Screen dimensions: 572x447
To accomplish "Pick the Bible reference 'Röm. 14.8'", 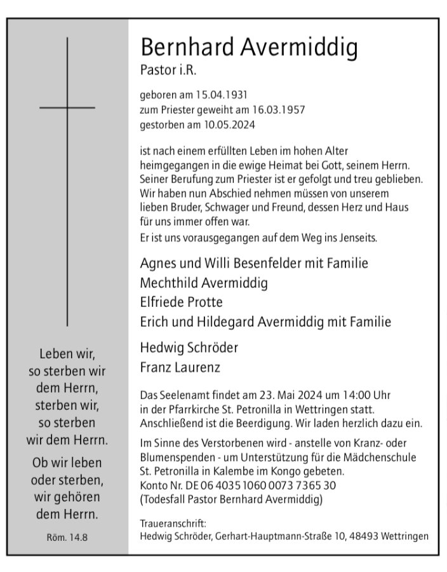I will pyautogui.click(x=67, y=538).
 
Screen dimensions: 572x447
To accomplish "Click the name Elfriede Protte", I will pyautogui.click(x=181, y=302).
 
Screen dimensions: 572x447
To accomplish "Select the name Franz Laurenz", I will pyautogui.click(x=180, y=367).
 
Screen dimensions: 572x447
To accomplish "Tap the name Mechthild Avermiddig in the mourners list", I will pyautogui.click(x=203, y=282).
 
